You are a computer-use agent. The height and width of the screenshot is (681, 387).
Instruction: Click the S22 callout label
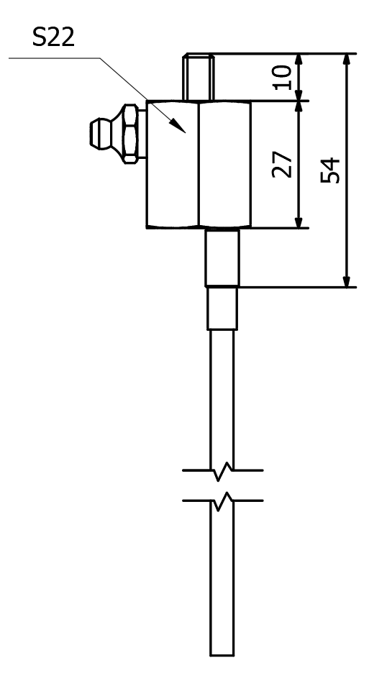coord(53,37)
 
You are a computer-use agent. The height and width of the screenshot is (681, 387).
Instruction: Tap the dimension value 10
coord(283,78)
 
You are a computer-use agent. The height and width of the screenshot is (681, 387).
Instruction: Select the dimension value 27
coord(282,165)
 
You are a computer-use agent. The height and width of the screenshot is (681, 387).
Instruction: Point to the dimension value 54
coord(331,170)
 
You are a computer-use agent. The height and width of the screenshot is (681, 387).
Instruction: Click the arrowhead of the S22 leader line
coord(178,125)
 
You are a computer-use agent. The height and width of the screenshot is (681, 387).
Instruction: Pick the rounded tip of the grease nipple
coord(94,134)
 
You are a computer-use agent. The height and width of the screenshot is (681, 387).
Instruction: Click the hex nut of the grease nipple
coord(130,134)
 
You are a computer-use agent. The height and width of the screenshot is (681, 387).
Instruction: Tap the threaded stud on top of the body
coord(199,78)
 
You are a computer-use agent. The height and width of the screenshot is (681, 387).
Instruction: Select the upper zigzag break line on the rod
coord(222,471)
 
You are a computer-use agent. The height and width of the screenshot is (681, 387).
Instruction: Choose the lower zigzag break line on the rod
coord(222,501)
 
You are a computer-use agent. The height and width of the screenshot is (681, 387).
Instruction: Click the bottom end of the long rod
coord(222,655)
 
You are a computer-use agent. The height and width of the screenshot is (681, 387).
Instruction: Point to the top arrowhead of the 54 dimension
coord(347,59)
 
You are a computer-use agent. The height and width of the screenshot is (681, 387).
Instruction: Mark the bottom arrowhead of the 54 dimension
coord(347,281)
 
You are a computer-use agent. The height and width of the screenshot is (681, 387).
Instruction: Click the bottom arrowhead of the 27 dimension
coord(299,222)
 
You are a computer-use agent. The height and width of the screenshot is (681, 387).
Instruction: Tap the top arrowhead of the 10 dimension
coord(299,60)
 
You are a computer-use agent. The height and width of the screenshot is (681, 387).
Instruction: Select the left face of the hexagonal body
coord(173,165)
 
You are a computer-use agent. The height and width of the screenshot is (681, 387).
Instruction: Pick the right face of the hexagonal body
coord(224,165)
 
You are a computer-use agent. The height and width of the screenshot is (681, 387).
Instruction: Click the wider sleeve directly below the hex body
coord(222,258)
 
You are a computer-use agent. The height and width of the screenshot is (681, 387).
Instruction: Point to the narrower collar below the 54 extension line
coord(222,308)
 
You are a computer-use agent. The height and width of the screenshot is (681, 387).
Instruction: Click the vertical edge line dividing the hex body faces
coord(199,165)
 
